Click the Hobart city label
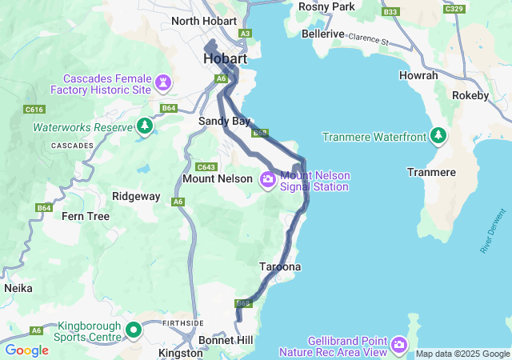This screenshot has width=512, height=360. (225, 59)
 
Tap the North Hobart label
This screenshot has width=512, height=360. (204, 21)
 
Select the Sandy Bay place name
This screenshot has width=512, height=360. (224, 122)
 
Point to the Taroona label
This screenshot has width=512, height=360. (280, 266)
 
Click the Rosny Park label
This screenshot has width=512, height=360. (326, 6)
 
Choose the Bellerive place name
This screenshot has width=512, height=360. (323, 34)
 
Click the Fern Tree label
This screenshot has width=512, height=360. (86, 216)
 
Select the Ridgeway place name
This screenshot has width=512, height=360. (136, 196)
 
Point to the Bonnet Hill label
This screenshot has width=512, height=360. (227, 341)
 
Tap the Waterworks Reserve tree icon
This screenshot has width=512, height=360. (145, 126)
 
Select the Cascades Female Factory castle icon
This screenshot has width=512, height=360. (164, 82)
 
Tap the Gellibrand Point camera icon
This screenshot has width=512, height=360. (398, 346)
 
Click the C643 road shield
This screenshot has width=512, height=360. (206, 167)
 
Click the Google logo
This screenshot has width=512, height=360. (26, 350)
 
